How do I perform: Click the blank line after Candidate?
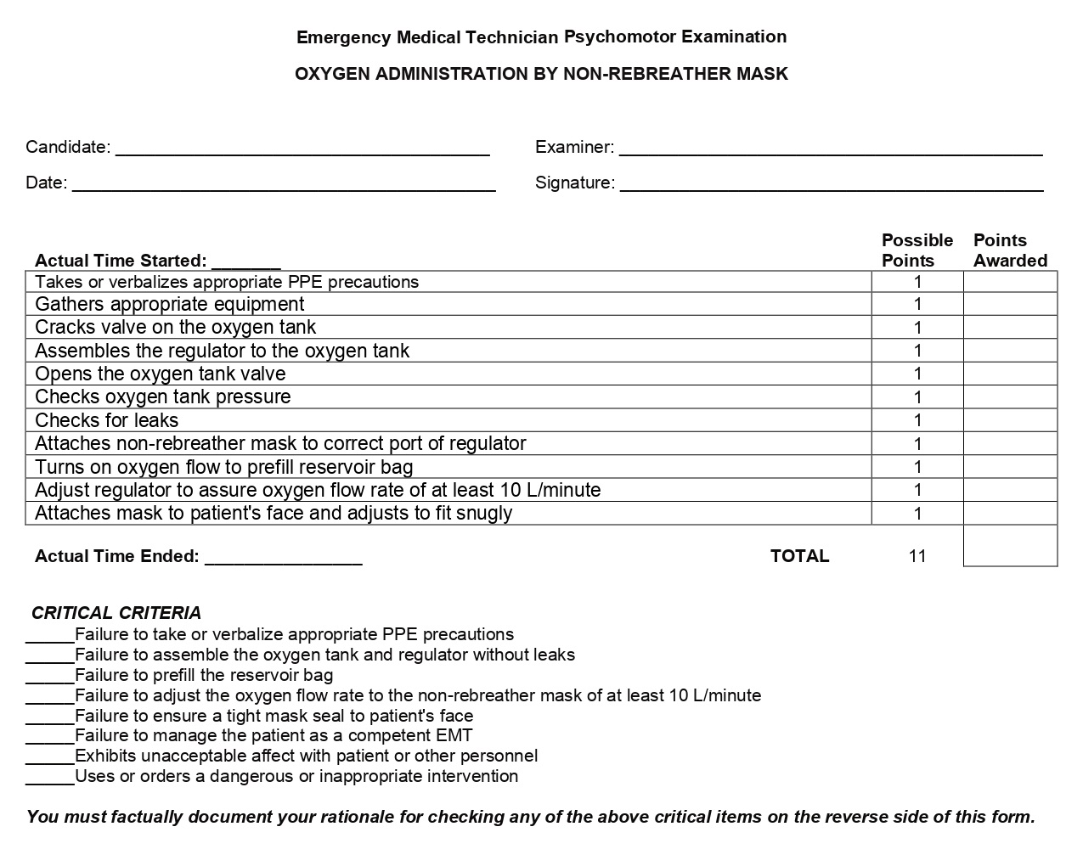click(x=302, y=149)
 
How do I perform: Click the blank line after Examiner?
click(x=831, y=149)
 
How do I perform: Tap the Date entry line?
click(x=284, y=185)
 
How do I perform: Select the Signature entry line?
click(x=832, y=185)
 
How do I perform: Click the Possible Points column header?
click(x=917, y=250)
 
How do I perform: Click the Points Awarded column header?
click(x=1009, y=250)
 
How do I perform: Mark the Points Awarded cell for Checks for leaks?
click(x=1010, y=420)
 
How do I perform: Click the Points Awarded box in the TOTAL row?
click(x=1010, y=546)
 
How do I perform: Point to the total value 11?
click(x=917, y=556)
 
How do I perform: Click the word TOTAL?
click(x=799, y=556)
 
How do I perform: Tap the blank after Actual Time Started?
click(x=245, y=262)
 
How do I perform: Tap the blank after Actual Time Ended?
click(x=284, y=558)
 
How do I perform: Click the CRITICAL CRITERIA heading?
click(x=116, y=613)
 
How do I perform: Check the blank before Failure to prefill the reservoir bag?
click(x=49, y=677)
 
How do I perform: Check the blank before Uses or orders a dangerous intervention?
click(x=49, y=778)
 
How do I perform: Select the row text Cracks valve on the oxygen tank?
click(x=175, y=328)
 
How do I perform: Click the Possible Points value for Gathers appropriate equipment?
click(x=917, y=304)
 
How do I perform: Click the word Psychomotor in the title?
click(x=620, y=37)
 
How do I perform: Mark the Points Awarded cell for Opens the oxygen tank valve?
click(x=1010, y=374)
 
